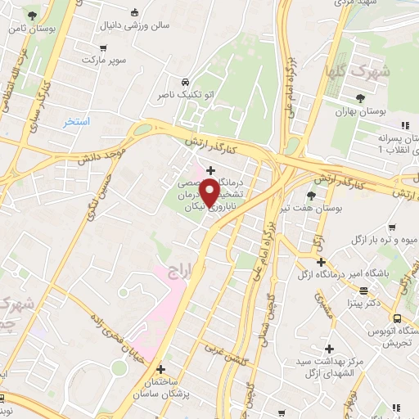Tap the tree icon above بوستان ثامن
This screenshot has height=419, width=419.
(31, 16)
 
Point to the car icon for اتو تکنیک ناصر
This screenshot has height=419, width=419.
(187, 82)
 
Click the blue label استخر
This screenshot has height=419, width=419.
(78, 121)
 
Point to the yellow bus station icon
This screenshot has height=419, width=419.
(397, 319)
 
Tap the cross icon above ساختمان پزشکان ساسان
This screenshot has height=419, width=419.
(160, 370)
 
